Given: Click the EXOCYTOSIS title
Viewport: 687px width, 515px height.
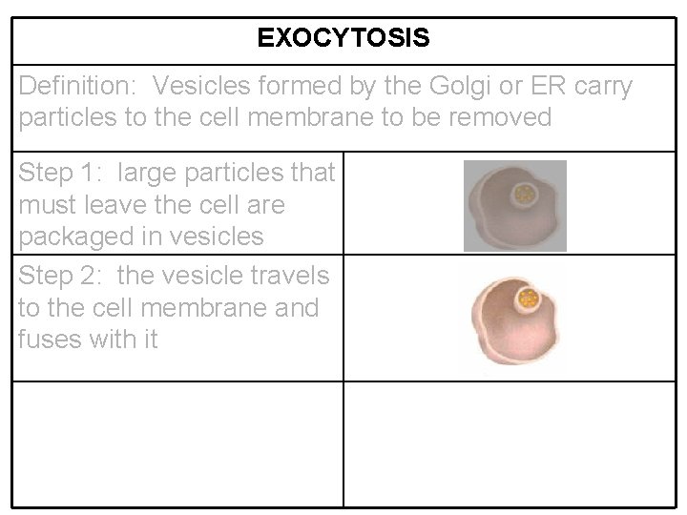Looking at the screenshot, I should pyautogui.click(x=343, y=38).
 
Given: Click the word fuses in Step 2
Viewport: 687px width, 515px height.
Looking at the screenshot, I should pyautogui.click(x=49, y=340).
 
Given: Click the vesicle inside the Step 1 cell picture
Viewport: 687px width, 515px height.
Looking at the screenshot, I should pyautogui.click(x=524, y=196).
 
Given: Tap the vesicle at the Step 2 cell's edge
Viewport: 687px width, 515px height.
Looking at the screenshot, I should pyautogui.click(x=527, y=300).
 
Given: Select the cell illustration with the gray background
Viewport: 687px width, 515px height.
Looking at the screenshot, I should pyautogui.click(x=514, y=206).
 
